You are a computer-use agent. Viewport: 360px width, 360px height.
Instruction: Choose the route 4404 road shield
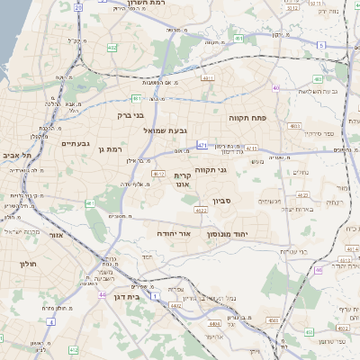(x=213, y=319)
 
